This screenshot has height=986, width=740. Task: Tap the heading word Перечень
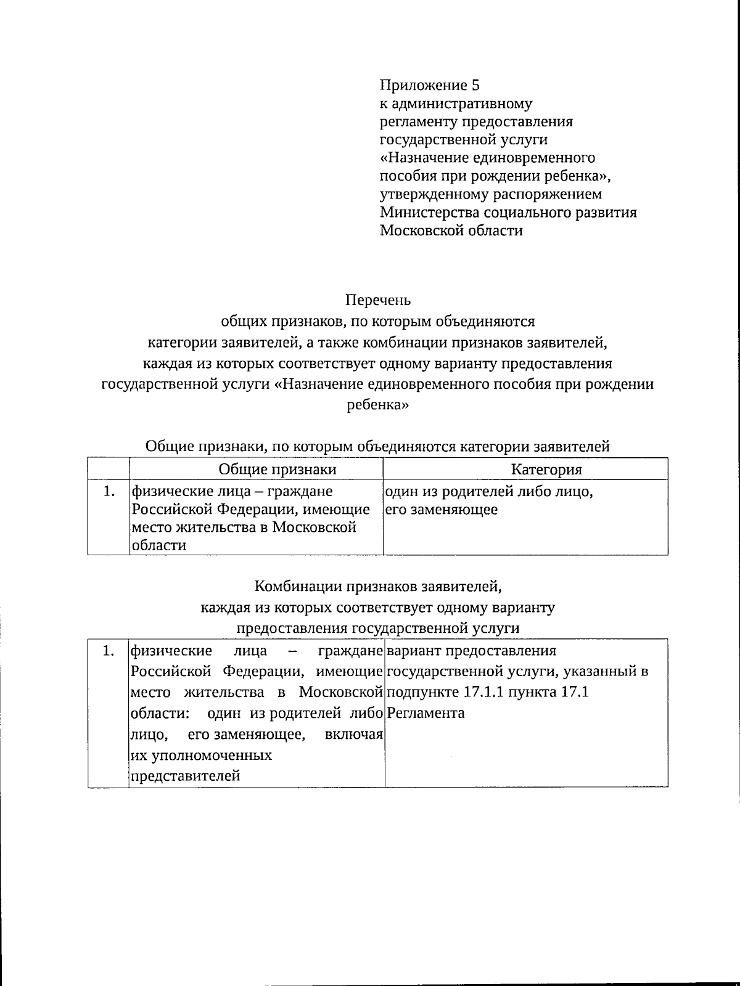pos(377,301)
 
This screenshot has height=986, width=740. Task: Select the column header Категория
pos(546,470)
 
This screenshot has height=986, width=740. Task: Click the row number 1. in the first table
pos(109,492)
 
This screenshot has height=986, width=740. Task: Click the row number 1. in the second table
pos(109,651)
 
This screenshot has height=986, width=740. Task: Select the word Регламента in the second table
pos(426,714)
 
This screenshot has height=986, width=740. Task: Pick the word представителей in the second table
pos(186,776)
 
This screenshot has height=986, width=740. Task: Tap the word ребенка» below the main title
pos(377,405)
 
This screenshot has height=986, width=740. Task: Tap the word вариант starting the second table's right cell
pos(413,651)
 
